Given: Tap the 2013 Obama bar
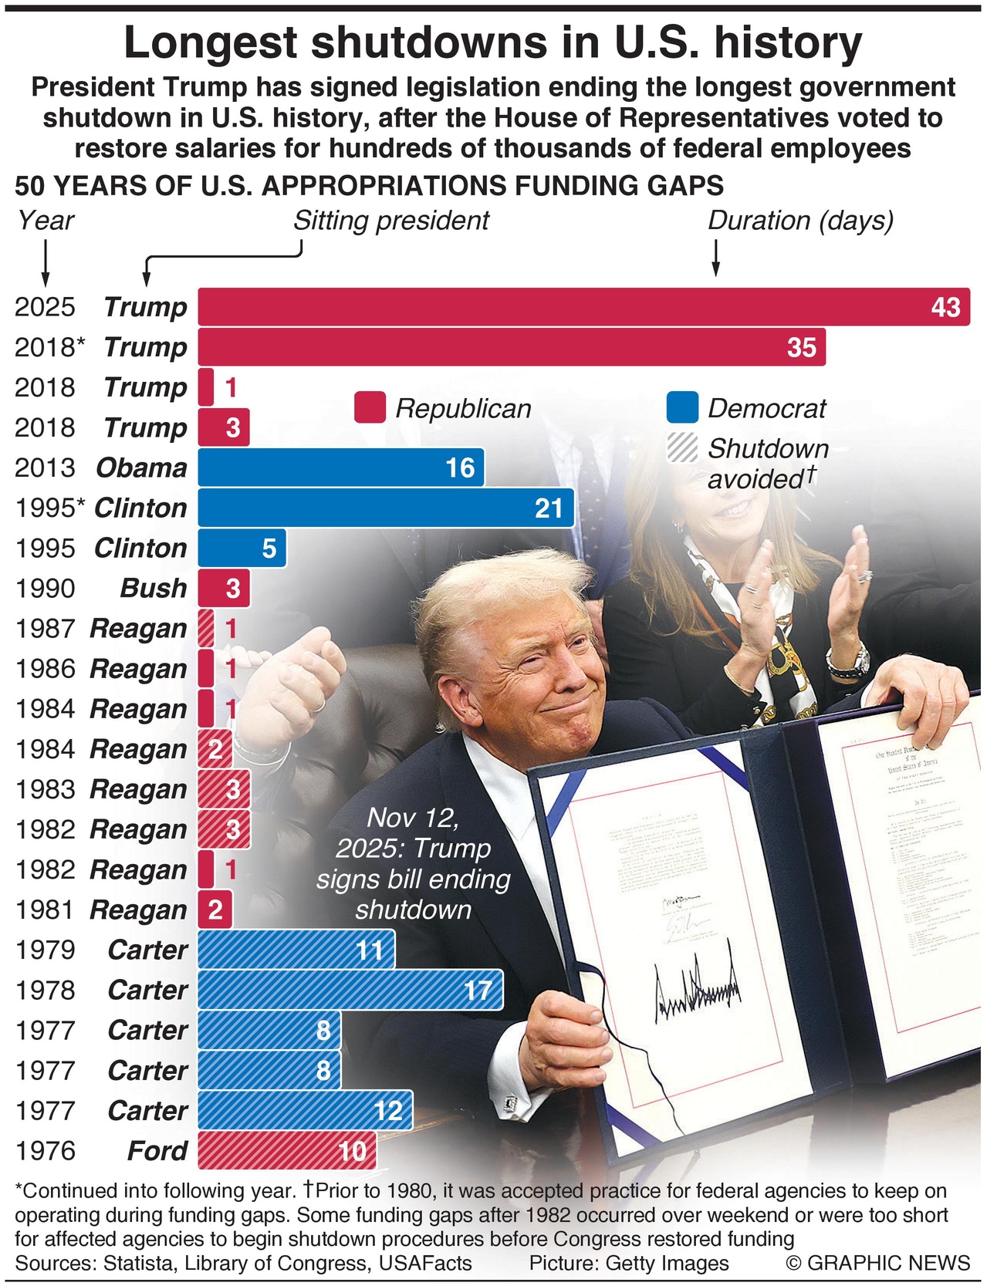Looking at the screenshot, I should tap(340, 467).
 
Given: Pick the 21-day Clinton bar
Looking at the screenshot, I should tap(385, 508).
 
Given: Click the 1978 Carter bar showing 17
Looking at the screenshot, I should tap(350, 990).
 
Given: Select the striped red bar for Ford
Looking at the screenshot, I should tap(286, 1150).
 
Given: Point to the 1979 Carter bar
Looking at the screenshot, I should tap(296, 950).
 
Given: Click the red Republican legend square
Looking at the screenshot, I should tap(370, 408).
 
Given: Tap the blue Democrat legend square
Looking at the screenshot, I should tap(682, 408).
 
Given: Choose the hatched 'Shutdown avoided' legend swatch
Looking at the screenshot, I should tap(682, 448).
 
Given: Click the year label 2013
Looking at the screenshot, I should tap(45, 468).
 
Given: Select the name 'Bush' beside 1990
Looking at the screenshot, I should tap(154, 589).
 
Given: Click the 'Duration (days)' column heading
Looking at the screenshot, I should tap(800, 221).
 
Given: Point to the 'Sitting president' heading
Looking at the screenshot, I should tap(390, 221).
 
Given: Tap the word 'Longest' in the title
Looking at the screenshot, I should tap(211, 43).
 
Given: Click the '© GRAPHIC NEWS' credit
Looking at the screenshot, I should tap(877, 1263).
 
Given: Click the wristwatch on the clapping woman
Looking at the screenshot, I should tap(848, 660).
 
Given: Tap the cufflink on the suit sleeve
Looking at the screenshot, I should tap(511, 1105).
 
